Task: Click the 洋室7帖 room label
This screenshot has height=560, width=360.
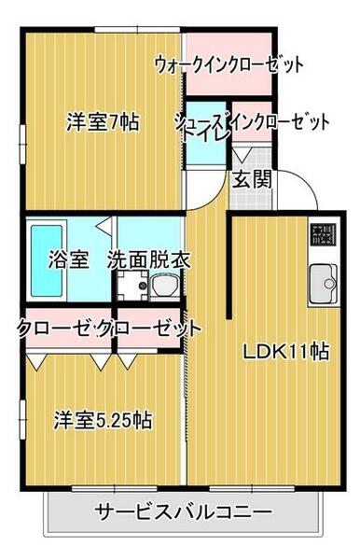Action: pyautogui.click(x=103, y=121)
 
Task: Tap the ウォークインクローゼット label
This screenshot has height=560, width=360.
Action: pyautogui.click(x=229, y=65)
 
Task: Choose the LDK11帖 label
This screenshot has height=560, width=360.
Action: pyautogui.click(x=285, y=352)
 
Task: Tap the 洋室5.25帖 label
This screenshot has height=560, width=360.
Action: pyautogui.click(x=102, y=420)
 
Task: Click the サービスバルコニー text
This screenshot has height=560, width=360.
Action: pyautogui.click(x=184, y=512)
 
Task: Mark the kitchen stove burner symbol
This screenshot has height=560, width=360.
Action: pyautogui.click(x=323, y=234)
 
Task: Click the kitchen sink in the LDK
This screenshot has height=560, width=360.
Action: pyautogui.click(x=324, y=278)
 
